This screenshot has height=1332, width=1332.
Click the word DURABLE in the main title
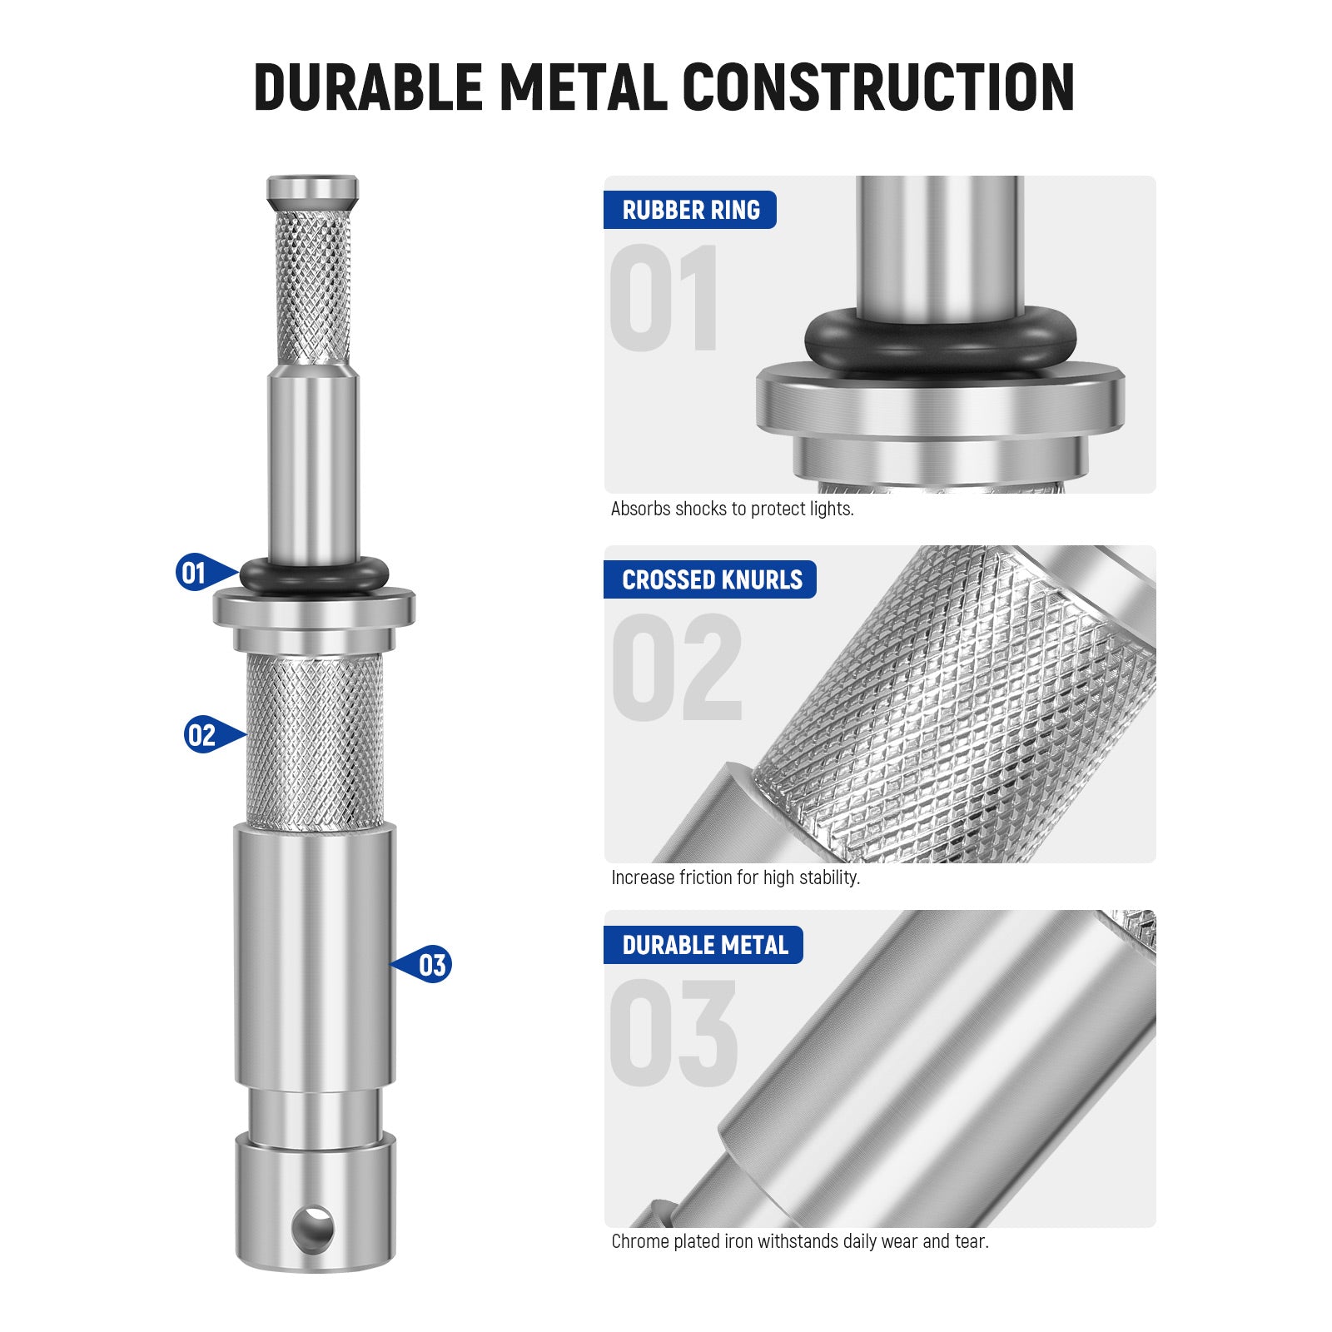[367, 87]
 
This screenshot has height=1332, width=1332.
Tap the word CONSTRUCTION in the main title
[877, 87]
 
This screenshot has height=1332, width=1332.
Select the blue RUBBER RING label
[690, 210]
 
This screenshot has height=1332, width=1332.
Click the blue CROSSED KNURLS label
[710, 579]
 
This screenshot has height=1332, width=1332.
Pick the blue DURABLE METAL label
[703, 945]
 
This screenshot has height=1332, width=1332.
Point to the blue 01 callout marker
[196, 573]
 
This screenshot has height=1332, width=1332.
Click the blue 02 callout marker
[204, 735]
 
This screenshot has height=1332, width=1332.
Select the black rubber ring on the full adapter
[314, 575]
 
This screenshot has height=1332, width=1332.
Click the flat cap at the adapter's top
[312, 188]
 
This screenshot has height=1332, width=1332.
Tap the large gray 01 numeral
[664, 297]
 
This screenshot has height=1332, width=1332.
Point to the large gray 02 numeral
[676, 668]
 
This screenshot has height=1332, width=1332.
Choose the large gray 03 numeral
[673, 1032]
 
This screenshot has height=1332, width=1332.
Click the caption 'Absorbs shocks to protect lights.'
[732, 509]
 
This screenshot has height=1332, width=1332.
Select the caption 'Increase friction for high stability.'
[735, 877]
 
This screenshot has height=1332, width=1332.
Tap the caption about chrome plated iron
[799, 1241]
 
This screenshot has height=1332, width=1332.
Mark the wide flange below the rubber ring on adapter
[314, 608]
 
